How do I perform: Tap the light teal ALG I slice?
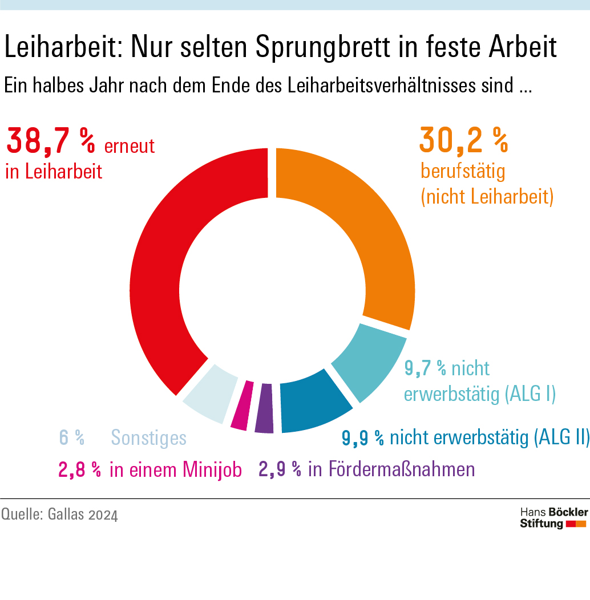[368, 365]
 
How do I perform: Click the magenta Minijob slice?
[241, 406]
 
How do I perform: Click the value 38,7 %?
[50, 143]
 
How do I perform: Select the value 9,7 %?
[425, 368]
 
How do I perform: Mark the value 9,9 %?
[363, 438]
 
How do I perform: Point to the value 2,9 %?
[280, 469]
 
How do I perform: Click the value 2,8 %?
[80, 470]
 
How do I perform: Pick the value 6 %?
[72, 438]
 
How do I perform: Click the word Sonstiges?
[148, 438]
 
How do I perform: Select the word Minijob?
[213, 470]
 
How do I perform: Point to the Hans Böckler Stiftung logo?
[553, 517]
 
